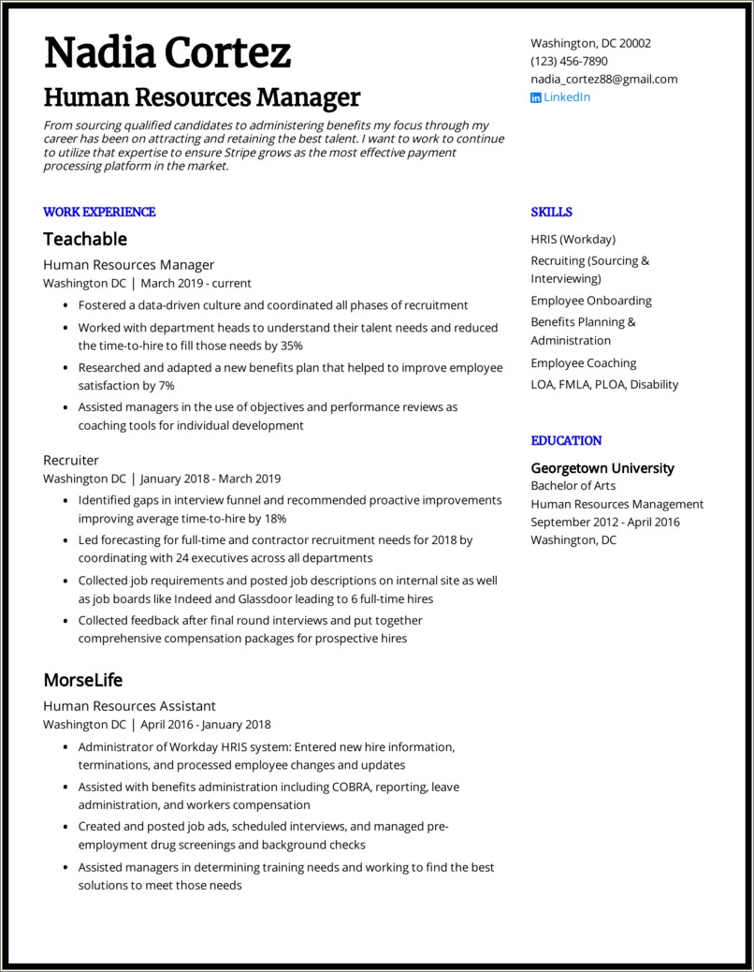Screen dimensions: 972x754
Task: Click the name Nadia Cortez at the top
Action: [x=167, y=53]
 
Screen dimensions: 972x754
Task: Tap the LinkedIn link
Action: [x=567, y=97]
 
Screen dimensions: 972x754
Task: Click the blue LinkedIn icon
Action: [x=536, y=97]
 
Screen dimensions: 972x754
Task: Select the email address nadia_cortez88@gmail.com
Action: [x=603, y=80]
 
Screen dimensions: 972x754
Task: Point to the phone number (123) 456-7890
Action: [x=569, y=61]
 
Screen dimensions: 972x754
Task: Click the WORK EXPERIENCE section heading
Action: [x=99, y=213]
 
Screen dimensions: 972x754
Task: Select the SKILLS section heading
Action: [x=551, y=213]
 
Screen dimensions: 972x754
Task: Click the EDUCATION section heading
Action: [x=566, y=441]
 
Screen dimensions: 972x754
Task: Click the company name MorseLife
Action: [x=83, y=680]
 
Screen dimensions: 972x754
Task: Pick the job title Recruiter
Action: [x=71, y=461]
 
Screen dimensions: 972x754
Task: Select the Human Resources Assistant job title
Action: [x=129, y=706]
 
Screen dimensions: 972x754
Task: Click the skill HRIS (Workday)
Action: [x=573, y=240]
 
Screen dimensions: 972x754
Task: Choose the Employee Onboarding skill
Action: [x=591, y=301]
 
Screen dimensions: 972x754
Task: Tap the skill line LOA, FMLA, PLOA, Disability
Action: [x=604, y=385]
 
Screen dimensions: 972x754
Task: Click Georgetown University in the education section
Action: [x=602, y=468]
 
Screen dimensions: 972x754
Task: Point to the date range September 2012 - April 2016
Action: [x=605, y=523]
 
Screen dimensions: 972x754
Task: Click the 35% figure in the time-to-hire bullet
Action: [x=292, y=346]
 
